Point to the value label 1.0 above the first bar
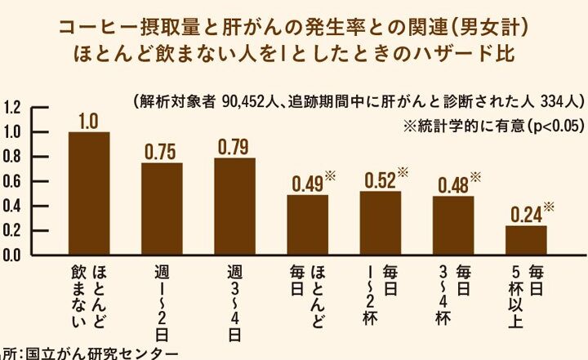point(89,122)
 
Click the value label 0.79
point(234,147)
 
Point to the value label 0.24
point(526,215)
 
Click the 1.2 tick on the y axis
point(12,107)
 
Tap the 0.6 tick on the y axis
point(12,181)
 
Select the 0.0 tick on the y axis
point(12,255)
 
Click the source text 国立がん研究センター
point(102,353)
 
